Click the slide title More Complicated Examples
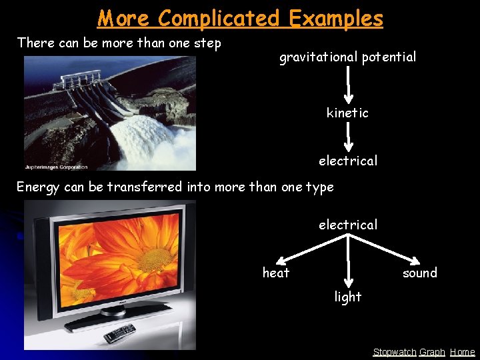[x=240, y=18]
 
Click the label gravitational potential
[x=347, y=57]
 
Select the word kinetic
[x=347, y=113]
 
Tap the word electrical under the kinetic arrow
[x=347, y=161]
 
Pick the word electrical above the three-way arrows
[x=347, y=225]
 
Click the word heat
[x=276, y=273]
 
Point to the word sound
[x=419, y=273]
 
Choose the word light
[x=347, y=297]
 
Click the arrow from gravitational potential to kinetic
[x=347, y=85]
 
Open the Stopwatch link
[x=394, y=352]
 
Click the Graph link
[x=432, y=352]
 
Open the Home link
[x=462, y=352]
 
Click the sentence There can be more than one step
[x=119, y=43]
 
